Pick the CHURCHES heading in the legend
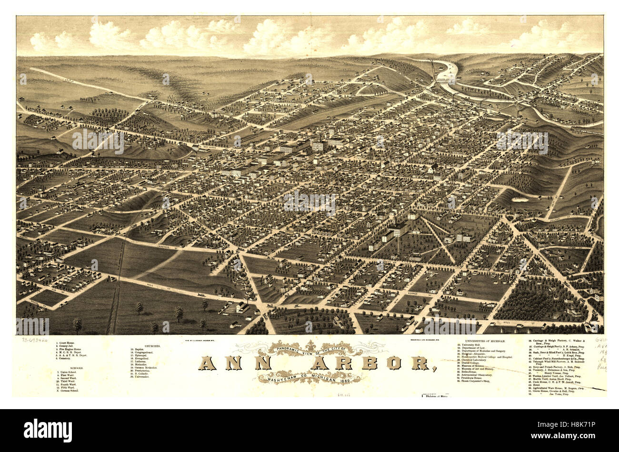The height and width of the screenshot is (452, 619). pyautogui.click(x=153, y=346)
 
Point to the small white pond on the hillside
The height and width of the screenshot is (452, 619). pyautogui.click(x=520, y=200)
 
